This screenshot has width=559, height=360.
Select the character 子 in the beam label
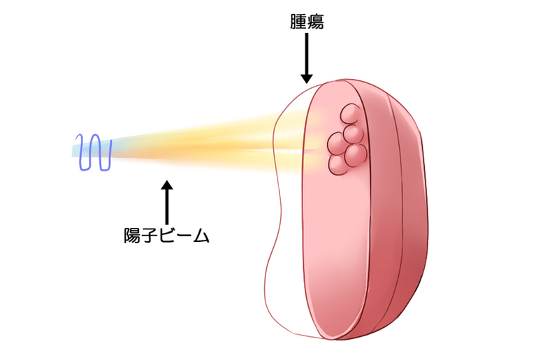[x=150, y=236]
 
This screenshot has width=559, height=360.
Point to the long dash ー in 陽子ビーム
[x=184, y=236]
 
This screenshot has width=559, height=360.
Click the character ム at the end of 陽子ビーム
[x=201, y=236]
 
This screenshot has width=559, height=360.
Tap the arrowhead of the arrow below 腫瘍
[x=306, y=78]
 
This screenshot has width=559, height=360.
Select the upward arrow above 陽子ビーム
[x=166, y=203]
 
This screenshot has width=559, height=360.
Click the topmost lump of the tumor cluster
[x=350, y=114]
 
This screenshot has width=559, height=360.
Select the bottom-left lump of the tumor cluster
[x=339, y=164]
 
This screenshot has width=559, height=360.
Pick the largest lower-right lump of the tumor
[x=356, y=154]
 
